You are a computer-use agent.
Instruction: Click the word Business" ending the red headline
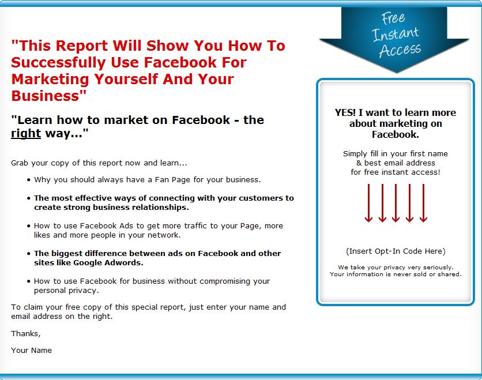tap(48, 96)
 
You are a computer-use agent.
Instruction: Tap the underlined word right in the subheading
tap(26, 134)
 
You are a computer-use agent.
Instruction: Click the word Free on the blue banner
tap(393, 18)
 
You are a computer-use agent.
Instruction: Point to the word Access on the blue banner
tap(400, 50)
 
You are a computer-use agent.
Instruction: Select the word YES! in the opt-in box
tap(345, 112)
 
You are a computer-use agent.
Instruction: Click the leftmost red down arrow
tap(368, 203)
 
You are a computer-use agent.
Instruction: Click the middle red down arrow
tap(396, 203)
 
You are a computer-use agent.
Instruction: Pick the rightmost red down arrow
tap(423, 203)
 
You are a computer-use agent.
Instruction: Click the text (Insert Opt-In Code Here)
tap(396, 251)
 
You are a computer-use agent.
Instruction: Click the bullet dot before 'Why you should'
tap(29, 180)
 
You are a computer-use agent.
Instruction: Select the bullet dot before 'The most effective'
tap(29, 198)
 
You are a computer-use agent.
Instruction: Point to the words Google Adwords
tap(108, 263)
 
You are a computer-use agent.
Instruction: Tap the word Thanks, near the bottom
tap(26, 333)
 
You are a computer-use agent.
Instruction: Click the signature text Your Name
tap(31, 350)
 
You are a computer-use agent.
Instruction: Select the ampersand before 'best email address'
tap(359, 163)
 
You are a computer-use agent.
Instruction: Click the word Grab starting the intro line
tap(20, 163)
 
